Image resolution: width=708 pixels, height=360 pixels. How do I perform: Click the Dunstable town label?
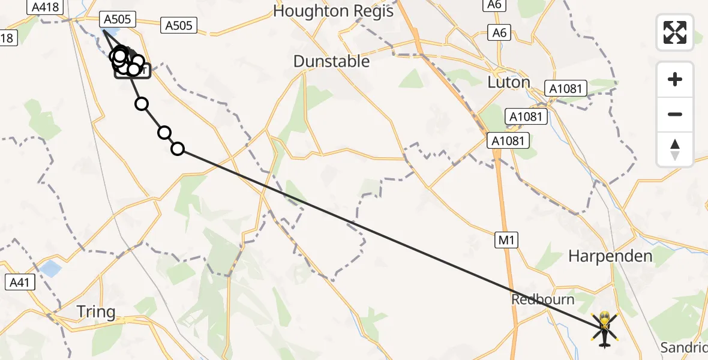[331, 61]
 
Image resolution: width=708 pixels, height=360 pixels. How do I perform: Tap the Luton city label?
[509, 82]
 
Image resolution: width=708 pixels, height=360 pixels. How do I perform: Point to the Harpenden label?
[610, 256]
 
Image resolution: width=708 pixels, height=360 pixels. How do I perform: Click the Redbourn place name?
[542, 299]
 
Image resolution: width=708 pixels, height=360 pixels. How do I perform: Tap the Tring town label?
[96, 312]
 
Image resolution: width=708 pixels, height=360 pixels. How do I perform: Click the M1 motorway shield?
[506, 241]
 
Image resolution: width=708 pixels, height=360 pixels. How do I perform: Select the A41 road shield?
[20, 283]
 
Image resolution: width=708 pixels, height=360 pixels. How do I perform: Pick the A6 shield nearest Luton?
[500, 32]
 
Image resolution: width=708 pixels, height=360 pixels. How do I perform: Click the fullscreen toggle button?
[675, 32]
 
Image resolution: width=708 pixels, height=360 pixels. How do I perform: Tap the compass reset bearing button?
[675, 149]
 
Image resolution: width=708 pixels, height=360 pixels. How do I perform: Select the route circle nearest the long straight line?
[178, 148]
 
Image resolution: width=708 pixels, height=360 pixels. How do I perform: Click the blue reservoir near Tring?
[50, 268]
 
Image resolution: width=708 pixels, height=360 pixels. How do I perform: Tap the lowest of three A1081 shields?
[508, 141]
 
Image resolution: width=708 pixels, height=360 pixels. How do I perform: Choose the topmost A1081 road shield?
[566, 89]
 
